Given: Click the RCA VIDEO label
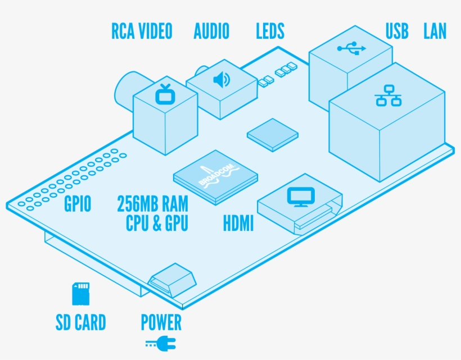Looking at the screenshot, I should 142,31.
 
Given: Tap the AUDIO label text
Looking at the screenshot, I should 211,31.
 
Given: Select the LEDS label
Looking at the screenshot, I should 270,31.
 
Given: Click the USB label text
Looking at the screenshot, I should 397,31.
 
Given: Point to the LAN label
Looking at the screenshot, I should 435,31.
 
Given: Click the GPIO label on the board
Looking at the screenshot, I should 78,204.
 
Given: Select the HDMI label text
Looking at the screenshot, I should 238,225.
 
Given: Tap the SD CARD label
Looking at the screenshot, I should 80,323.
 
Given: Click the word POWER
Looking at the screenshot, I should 161,323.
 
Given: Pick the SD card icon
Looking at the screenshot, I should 80,294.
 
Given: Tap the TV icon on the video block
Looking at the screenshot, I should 165,94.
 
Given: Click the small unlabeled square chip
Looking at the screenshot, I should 273,134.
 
